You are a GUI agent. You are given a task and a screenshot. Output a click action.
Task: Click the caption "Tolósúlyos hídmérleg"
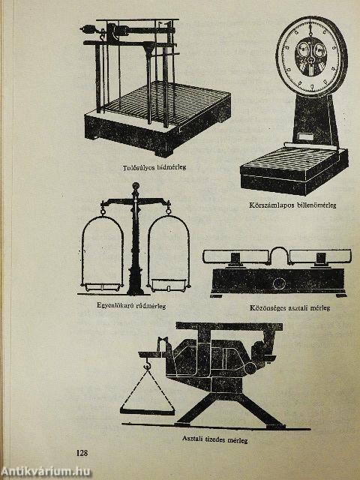pyautogui.click(x=154, y=167)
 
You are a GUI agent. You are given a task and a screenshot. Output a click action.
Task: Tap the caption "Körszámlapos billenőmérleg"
pyautogui.click(x=292, y=205)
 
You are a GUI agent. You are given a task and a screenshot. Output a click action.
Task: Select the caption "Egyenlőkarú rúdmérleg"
pyautogui.click(x=131, y=305)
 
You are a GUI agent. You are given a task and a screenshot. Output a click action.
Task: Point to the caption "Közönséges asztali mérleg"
pyautogui.click(x=289, y=308)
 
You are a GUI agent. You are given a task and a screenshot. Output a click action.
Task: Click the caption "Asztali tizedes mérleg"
pyautogui.click(x=215, y=439)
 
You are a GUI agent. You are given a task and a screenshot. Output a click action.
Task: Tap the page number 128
pyautogui.click(x=82, y=453)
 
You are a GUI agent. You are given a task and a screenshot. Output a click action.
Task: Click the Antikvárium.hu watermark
pyautogui.click(x=45, y=472)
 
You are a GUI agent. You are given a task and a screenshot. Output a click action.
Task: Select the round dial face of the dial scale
pyautogui.click(x=311, y=56)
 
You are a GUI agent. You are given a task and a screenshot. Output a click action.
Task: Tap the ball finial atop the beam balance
pyautogui.click(x=135, y=186)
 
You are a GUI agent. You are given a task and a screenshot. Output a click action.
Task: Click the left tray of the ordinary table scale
pyautogui.click(x=236, y=256)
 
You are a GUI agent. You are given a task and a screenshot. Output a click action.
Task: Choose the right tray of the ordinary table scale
pyautogui.click(x=320, y=256)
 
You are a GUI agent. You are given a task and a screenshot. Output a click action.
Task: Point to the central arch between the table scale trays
pyautogui.click(x=279, y=248)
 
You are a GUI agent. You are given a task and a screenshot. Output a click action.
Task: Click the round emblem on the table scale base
pyautogui.click(x=279, y=283)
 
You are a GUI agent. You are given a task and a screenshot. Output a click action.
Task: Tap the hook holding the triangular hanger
pyautogui.click(x=148, y=364)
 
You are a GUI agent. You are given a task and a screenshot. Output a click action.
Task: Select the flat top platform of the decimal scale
pyautogui.click(x=229, y=326)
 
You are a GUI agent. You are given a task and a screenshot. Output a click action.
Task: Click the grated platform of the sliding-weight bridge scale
pyautogui.click(x=165, y=103)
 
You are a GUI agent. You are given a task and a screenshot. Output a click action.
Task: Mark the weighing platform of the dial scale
pyautogui.click(x=294, y=162)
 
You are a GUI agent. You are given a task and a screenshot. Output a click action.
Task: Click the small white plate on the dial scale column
pyautogui.click(x=307, y=136)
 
